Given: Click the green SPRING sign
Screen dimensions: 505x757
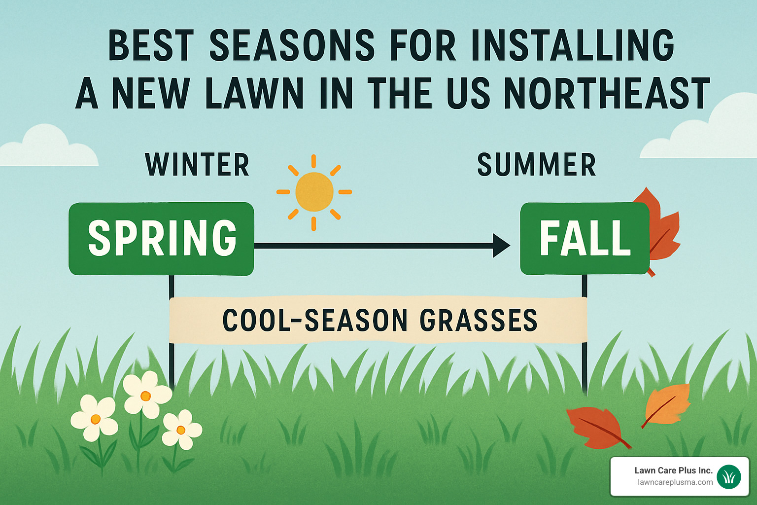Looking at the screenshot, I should (161, 238).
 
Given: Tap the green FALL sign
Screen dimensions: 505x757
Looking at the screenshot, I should (585, 238).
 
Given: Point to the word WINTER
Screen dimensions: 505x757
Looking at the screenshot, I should (197, 165).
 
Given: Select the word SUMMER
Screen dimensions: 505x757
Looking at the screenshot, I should (537, 165).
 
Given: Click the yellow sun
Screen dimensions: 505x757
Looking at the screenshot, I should (314, 192).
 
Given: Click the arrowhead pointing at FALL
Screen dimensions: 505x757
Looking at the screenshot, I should (501, 245).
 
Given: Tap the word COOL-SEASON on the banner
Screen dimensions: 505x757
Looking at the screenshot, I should (315, 320).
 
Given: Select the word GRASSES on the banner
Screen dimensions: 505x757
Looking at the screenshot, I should (478, 320).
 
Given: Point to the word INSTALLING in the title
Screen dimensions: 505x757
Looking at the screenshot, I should (573, 46).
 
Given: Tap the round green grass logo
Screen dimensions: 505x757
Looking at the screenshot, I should (729, 476).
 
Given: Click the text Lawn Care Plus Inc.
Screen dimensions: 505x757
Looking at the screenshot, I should (673, 470).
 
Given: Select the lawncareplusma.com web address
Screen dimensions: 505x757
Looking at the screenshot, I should (675, 482).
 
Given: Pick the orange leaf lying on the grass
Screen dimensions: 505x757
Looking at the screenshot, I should (667, 403).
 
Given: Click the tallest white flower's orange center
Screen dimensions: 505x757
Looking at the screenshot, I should (145, 396).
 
